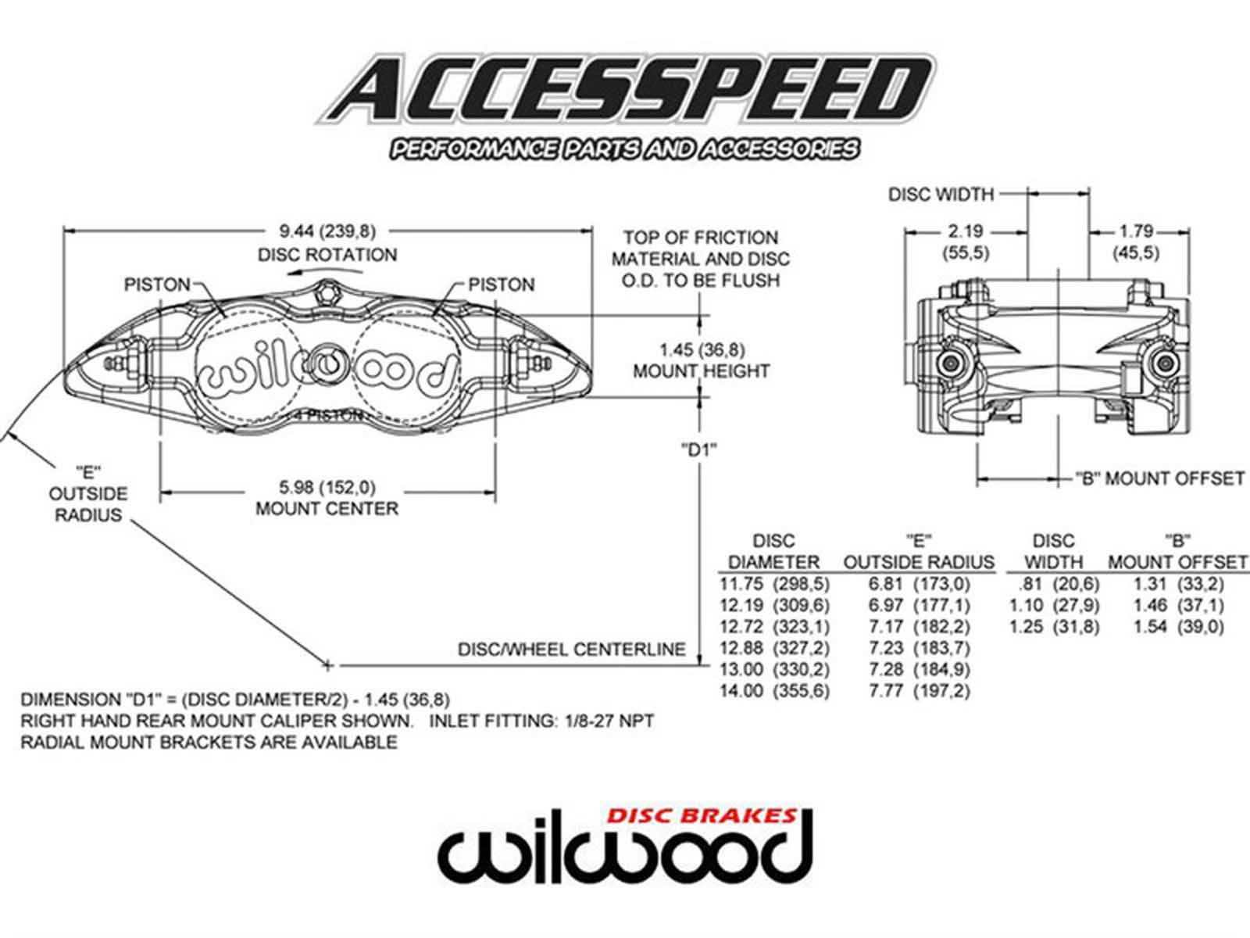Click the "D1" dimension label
pyautogui.click(x=698, y=449)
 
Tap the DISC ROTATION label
pyautogui.click(x=327, y=255)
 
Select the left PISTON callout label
pyautogui.click(x=157, y=285)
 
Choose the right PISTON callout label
pyautogui.click(x=502, y=285)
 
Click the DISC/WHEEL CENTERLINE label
pyautogui.click(x=571, y=650)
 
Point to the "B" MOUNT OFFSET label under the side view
pyautogui.click(x=1159, y=478)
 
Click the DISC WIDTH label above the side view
pyautogui.click(x=941, y=194)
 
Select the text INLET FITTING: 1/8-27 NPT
pyautogui.click(x=541, y=721)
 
